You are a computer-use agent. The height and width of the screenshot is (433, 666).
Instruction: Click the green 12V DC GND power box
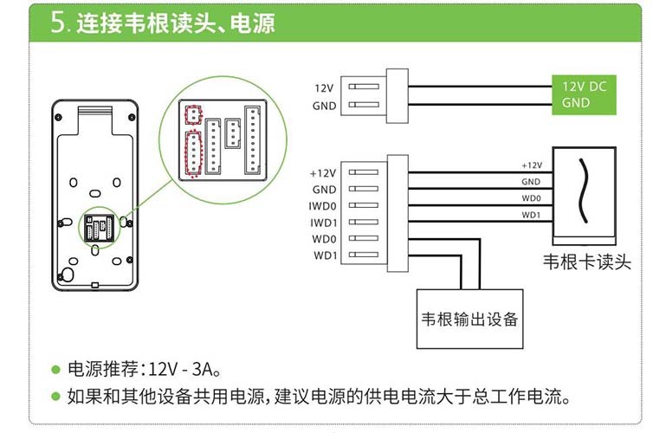pyautogui.click(x=585, y=95)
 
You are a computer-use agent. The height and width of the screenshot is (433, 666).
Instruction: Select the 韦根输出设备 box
pyautogui.click(x=468, y=319)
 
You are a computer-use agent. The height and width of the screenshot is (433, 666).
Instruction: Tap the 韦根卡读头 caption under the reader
pyautogui.click(x=585, y=262)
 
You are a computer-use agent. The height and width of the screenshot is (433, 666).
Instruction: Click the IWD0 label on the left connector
pyautogui.click(x=323, y=205)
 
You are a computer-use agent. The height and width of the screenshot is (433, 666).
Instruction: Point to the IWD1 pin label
pyautogui.click(x=323, y=222)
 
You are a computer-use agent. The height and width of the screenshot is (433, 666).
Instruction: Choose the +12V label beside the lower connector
pyautogui.click(x=322, y=173)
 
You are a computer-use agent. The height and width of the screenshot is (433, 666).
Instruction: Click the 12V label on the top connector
pyautogui.click(x=324, y=88)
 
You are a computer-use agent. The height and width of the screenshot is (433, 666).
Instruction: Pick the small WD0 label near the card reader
pyautogui.click(x=531, y=198)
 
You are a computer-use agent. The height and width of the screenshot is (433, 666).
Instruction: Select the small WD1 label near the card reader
pyautogui.click(x=531, y=215)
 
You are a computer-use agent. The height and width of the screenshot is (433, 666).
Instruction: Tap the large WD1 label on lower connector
pyautogui.click(x=325, y=255)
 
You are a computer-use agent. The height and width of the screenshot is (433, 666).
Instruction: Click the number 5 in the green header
pyautogui.click(x=59, y=23)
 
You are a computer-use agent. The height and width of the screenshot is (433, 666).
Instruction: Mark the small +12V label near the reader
pyautogui.click(x=531, y=165)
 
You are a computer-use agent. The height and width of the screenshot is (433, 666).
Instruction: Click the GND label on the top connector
pyautogui.click(x=324, y=106)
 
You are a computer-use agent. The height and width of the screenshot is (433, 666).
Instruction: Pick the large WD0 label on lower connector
pyautogui.click(x=325, y=238)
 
